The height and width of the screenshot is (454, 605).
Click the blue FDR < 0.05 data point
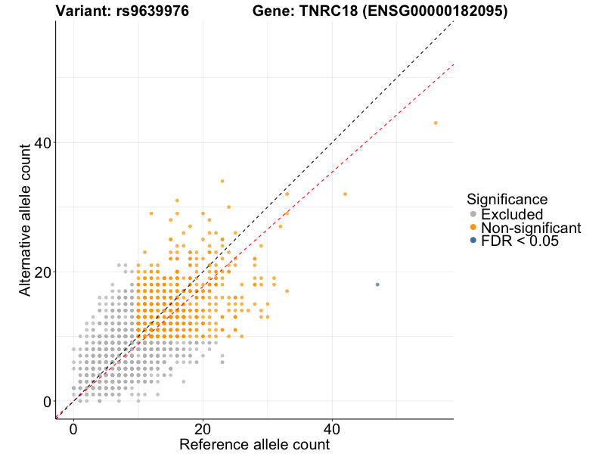pyautogui.click(x=377, y=285)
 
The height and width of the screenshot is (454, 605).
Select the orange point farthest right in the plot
pyautogui.click(x=436, y=123)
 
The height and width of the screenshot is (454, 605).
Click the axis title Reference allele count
pyautogui.click(x=254, y=444)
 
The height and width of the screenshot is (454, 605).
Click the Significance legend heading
pyautogui.click(x=507, y=199)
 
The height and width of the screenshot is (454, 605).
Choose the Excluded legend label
pyautogui.click(x=512, y=214)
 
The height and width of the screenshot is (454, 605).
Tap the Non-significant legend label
pyautogui.click(x=531, y=228)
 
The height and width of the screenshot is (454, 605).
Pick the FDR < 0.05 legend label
pyautogui.click(x=520, y=241)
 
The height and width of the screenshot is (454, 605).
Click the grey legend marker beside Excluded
pyautogui.click(x=473, y=214)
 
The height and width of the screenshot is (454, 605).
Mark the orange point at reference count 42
pyautogui.click(x=345, y=194)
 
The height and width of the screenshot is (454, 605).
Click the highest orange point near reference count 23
pyautogui.click(x=222, y=181)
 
